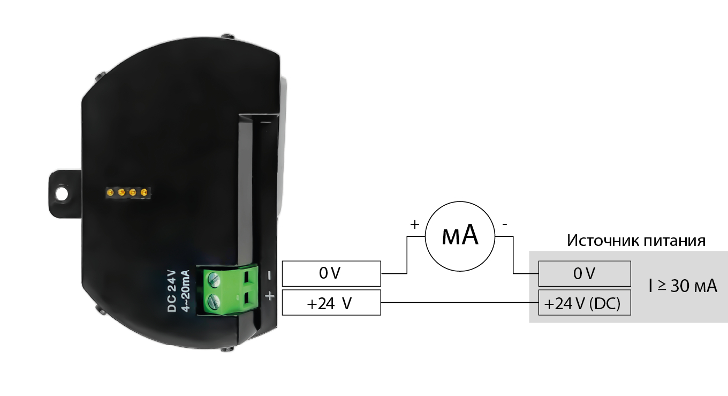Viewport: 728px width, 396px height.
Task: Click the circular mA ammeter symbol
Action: point(459,236)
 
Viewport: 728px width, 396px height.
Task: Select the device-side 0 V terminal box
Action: point(331,273)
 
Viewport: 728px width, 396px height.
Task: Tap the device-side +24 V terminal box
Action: point(331,304)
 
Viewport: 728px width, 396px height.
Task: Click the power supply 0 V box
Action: point(584,273)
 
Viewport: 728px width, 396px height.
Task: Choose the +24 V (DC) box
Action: point(584,304)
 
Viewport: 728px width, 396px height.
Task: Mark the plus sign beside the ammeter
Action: point(414,224)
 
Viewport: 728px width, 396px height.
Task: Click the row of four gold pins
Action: point(127,191)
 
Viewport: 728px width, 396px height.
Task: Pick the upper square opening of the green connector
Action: point(247,277)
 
